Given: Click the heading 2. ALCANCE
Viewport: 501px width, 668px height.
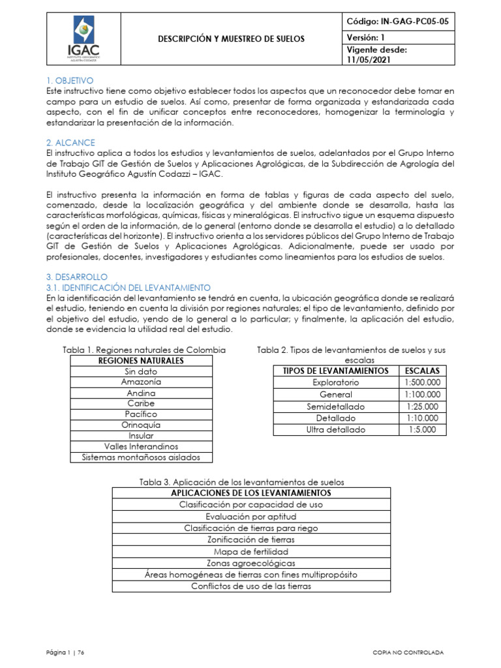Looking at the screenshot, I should (x=70, y=142).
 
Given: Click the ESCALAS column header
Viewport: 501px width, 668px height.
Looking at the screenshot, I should (x=422, y=371).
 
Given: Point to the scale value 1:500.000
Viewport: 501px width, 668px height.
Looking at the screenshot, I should (x=422, y=382).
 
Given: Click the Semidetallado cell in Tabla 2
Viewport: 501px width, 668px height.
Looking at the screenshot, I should (x=335, y=406).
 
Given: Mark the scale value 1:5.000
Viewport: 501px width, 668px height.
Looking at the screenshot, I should (x=422, y=430).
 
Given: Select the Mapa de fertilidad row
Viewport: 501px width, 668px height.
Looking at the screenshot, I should (x=251, y=551).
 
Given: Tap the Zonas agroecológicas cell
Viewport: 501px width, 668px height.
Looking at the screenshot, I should (x=251, y=563).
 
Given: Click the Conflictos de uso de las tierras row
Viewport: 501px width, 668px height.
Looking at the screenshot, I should (x=251, y=586).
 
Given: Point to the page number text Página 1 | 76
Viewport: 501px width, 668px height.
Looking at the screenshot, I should (x=66, y=652).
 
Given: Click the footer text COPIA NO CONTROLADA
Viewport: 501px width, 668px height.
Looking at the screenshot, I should (x=408, y=652).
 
